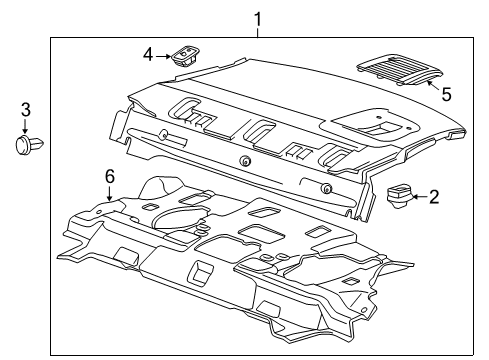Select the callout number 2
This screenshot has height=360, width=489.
click(433, 196)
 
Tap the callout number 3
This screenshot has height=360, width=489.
click(27, 109)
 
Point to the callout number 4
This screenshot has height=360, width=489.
click(147, 55)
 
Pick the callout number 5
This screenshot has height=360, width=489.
click(446, 95)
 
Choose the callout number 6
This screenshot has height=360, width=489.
click(109, 175)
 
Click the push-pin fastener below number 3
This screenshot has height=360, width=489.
click(26, 145)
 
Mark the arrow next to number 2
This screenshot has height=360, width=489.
click(419, 196)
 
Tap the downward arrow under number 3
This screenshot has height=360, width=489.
click(27, 125)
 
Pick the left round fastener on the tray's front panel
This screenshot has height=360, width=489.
click(245, 162)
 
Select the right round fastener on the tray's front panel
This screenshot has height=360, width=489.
click(326, 188)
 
